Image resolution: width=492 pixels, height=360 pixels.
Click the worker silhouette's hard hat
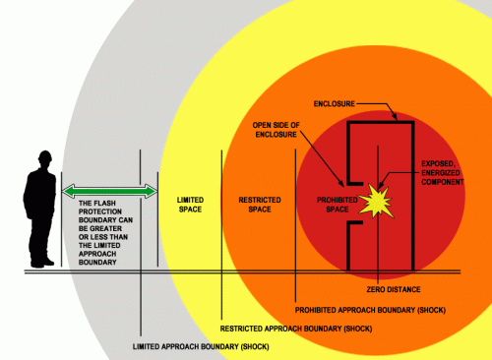coord(42,155)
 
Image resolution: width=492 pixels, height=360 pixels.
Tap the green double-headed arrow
coord(109,190)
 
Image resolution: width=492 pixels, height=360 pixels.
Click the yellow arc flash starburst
coord(374,201)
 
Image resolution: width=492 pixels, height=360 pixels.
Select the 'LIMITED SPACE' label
coord(190,206)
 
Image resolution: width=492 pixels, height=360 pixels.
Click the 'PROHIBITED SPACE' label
coord(323,206)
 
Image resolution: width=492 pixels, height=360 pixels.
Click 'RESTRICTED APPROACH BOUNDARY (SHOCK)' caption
coord(286,328)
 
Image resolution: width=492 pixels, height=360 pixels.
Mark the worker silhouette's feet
coord(41,263)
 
